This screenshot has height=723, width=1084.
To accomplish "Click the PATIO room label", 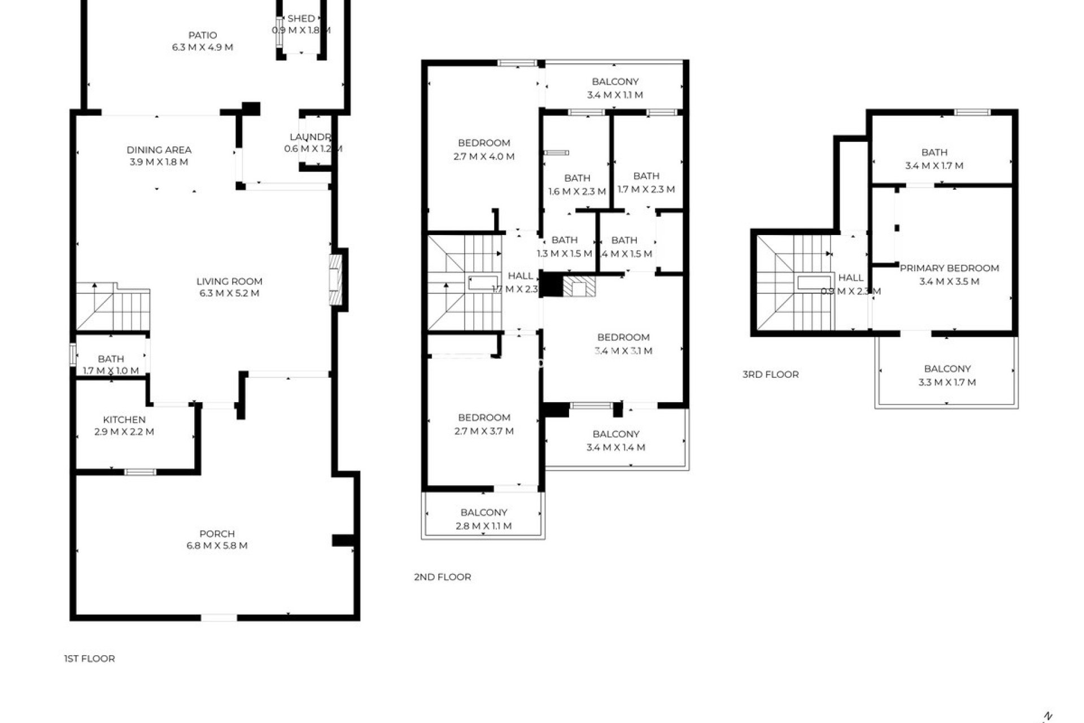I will [202, 35].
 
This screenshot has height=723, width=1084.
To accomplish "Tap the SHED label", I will [301, 19].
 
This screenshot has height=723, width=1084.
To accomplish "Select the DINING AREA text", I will [159, 150].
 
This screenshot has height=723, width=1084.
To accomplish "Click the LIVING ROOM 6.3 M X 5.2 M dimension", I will [229, 293].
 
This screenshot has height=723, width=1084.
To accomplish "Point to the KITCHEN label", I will [124, 420].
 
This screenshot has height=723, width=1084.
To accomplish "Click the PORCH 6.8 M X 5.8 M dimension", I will [217, 546].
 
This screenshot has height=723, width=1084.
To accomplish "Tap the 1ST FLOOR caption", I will [89, 659].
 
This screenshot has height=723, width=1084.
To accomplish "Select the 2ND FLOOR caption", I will [442, 577].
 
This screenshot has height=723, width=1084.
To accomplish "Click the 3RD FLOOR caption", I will [770, 374].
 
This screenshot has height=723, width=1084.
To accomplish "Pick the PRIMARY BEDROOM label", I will [949, 268].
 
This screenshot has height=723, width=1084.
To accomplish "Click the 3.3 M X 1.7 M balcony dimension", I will [947, 382].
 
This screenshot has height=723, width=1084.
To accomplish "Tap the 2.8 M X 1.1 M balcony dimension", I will [483, 526].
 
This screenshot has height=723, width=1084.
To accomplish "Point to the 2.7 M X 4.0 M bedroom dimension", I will [484, 156].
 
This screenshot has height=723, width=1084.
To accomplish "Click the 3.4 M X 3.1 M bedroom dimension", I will [623, 351].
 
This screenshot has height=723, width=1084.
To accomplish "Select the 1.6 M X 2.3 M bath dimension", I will [577, 191].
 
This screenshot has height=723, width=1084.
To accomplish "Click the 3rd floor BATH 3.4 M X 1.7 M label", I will [934, 153].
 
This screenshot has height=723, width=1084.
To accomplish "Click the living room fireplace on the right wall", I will [336, 281].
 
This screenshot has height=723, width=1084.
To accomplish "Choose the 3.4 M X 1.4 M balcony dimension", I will [615, 447].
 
